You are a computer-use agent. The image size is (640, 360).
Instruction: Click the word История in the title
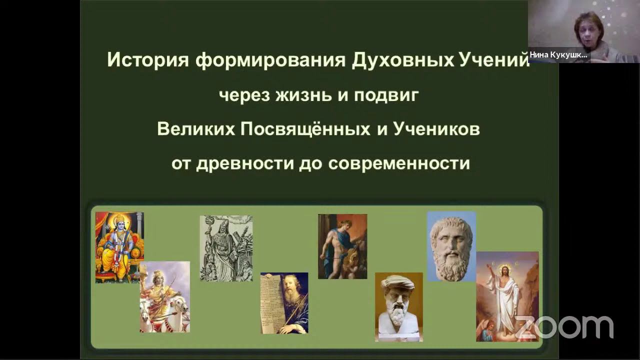(x=148, y=60)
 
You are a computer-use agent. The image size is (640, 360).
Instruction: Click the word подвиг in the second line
(x=385, y=95)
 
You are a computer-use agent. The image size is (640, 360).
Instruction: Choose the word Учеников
(x=436, y=129)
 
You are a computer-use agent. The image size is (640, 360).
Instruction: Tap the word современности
(x=399, y=163)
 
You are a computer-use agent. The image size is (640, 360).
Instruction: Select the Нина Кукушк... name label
(x=558, y=55)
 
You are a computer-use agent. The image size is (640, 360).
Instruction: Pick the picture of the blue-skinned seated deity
(x=119, y=247)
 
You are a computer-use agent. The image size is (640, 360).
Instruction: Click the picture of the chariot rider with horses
(x=164, y=296)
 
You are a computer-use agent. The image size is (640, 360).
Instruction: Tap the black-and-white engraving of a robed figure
(x=226, y=248)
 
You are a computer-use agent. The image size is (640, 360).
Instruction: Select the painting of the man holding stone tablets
(x=284, y=302)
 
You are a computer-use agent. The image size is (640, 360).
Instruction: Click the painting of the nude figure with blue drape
(x=342, y=246)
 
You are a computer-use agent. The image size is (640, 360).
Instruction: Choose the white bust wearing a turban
(x=398, y=306)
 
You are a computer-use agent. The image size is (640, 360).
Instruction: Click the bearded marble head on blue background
(x=451, y=245)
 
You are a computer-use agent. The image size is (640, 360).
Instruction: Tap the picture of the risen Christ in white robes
(x=507, y=296)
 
